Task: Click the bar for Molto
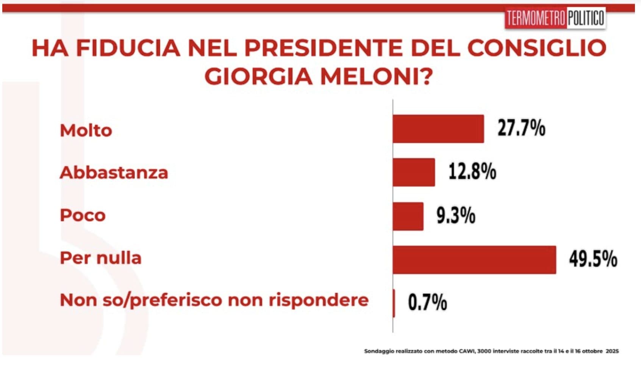tap(438, 129)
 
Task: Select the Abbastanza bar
tap(414, 172)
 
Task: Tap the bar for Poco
tap(408, 216)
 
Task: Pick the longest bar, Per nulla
tap(474, 260)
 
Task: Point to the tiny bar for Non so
tap(394, 303)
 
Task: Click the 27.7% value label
tap(521, 128)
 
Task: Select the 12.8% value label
tap(472, 172)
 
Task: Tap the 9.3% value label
tap(456, 215)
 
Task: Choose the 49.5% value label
tap(593, 259)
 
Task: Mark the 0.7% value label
tap(427, 303)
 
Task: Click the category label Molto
tap(86, 131)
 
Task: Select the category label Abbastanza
tap(114, 173)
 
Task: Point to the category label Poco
tap(83, 215)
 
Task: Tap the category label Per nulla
tap(101, 258)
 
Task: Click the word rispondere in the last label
tap(319, 300)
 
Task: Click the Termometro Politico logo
tap(555, 18)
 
